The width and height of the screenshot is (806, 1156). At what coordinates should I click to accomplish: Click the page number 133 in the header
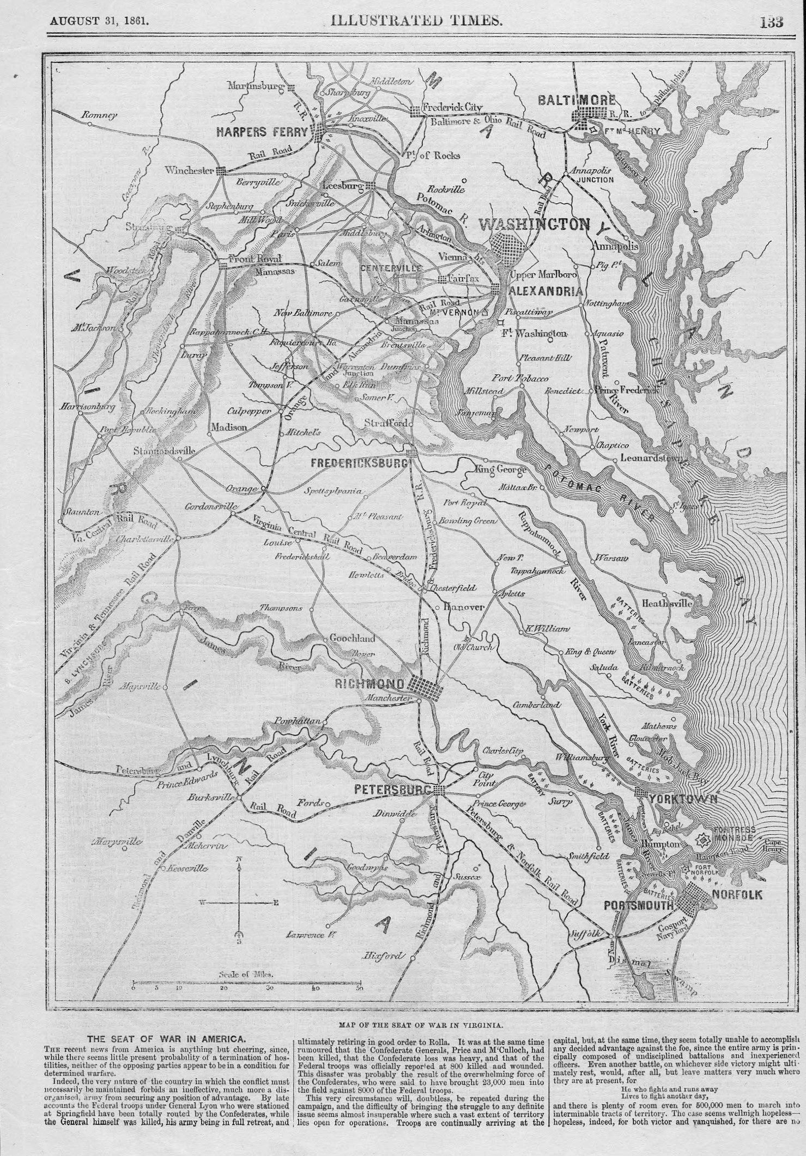click(x=768, y=21)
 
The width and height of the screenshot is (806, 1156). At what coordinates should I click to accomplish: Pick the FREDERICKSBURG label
click(x=359, y=463)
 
